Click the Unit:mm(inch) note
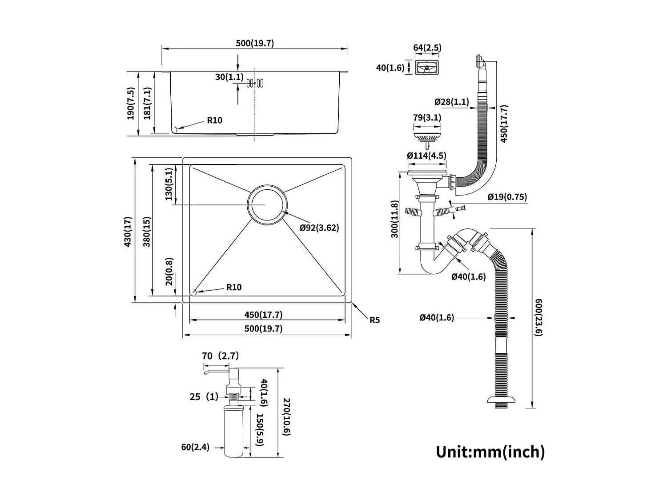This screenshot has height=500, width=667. [490, 452]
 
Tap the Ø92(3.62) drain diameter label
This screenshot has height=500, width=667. [319, 228]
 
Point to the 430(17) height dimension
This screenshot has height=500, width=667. [128, 232]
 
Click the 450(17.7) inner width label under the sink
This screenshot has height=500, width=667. [263, 315]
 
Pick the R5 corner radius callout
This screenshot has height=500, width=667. [374, 320]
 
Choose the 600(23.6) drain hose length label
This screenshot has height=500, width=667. [538, 317]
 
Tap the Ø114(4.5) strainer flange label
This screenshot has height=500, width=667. [426, 156]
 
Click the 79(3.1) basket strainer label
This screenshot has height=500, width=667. [427, 118]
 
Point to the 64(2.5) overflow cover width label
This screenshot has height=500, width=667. [427, 48]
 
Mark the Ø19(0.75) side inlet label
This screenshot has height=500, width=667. [507, 197]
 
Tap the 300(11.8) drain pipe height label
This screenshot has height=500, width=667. [394, 225]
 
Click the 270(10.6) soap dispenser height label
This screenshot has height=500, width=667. [287, 416]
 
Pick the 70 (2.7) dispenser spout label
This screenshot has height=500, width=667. [220, 356]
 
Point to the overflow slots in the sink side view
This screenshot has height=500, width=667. [255, 83]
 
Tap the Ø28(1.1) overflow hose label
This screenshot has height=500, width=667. [451, 102]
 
